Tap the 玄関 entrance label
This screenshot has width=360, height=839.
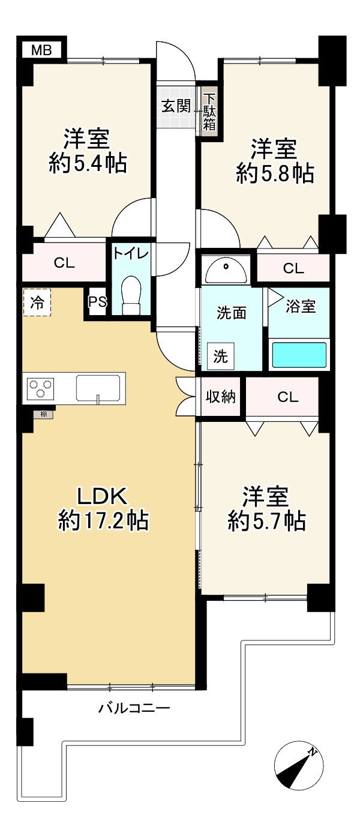[176, 107]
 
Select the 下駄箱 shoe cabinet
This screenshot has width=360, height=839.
[209, 112]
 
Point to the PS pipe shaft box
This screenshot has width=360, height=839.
[97, 302]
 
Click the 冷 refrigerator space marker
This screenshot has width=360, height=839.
[37, 302]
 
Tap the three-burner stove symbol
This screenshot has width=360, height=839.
[40, 388]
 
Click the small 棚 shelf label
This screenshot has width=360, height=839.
[44, 414]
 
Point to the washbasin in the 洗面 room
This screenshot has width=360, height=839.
[225, 271]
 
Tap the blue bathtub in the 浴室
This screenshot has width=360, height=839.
[299, 355]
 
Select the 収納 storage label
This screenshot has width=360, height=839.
[221, 397]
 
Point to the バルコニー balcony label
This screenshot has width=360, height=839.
[134, 709]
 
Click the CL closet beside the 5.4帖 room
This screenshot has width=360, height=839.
[64, 263]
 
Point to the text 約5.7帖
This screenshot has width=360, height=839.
[266, 521]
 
